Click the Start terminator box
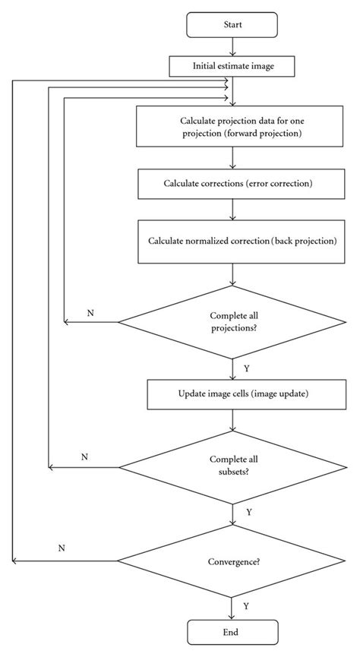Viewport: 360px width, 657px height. pyautogui.click(x=232, y=25)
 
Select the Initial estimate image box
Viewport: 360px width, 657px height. pyautogui.click(x=232, y=66)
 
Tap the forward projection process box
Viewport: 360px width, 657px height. pyautogui.click(x=232, y=126)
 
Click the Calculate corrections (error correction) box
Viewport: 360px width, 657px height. pyautogui.click(x=232, y=185)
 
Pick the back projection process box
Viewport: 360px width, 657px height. pyautogui.click(x=232, y=241)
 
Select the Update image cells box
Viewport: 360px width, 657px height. pyautogui.click(x=232, y=395)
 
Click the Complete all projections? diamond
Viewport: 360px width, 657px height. pyautogui.click(x=232, y=322)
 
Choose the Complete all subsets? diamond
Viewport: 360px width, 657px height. pyautogui.click(x=232, y=466)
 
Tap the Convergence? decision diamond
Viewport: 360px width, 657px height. pyautogui.click(x=232, y=562)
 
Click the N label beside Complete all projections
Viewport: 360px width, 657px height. pyautogui.click(x=90, y=313)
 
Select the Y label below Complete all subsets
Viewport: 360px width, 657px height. pyautogui.click(x=249, y=512)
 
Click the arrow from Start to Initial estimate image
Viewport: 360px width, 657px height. pyautogui.click(x=232, y=47)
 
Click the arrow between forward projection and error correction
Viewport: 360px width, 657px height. pyautogui.click(x=232, y=158)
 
